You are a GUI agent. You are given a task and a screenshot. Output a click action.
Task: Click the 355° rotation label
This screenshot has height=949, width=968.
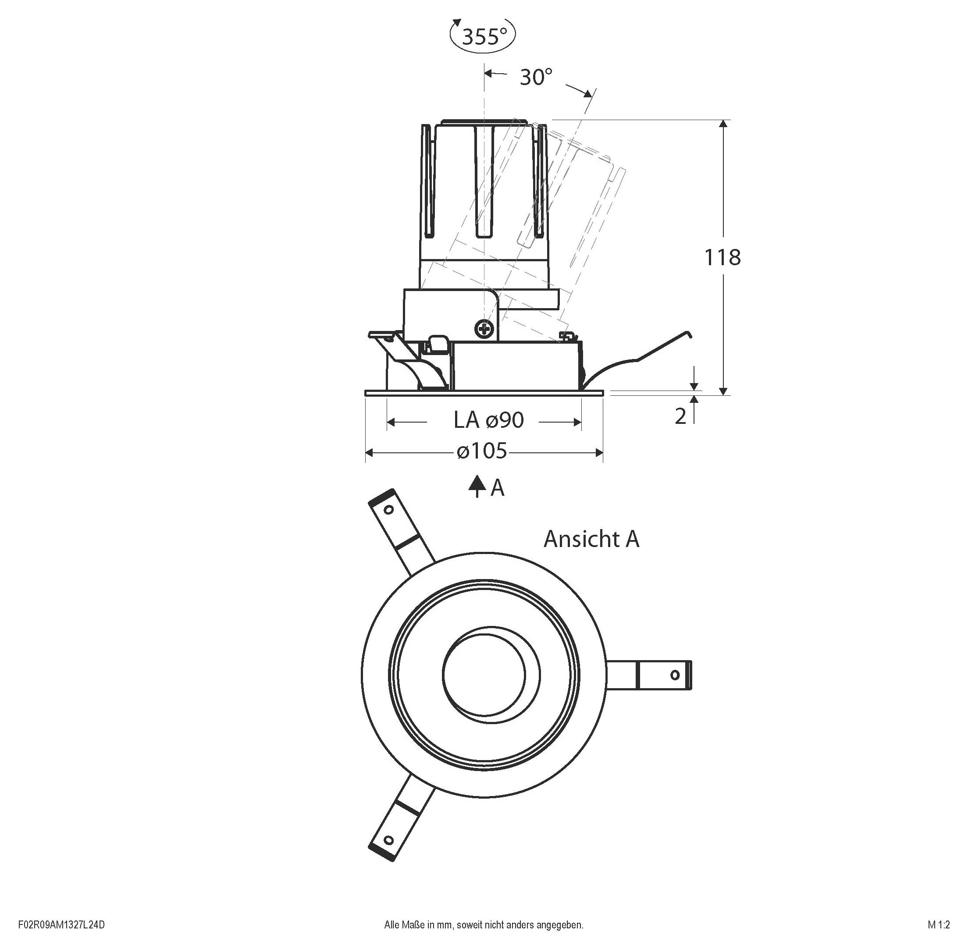click(483, 36)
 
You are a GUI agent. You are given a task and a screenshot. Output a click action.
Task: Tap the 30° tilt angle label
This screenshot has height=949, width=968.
click(536, 77)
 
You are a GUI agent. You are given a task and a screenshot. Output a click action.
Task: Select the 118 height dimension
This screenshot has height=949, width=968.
click(722, 258)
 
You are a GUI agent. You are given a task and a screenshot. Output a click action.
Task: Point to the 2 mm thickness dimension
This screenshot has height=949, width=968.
click(680, 416)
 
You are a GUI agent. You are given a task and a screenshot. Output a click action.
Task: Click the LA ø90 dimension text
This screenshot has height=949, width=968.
click(488, 421)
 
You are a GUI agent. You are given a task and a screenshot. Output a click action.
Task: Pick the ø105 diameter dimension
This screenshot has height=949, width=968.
click(482, 451)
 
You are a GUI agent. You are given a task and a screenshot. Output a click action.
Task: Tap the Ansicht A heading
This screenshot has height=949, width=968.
click(591, 539)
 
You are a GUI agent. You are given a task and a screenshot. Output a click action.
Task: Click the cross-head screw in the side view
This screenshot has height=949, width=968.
click(484, 329)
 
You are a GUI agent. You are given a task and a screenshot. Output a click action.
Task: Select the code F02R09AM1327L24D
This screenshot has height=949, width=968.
click(61, 925)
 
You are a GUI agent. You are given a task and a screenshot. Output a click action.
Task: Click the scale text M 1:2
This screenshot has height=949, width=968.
click(939, 925)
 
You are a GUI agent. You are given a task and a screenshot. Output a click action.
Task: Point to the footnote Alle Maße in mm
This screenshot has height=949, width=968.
click(484, 925)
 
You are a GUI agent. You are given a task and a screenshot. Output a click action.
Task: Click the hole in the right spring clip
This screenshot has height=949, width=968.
click(675, 675)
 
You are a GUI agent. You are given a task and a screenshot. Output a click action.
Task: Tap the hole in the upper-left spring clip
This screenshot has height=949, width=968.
click(389, 510)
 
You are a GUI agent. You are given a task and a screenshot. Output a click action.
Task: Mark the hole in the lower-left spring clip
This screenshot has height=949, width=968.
click(389, 840)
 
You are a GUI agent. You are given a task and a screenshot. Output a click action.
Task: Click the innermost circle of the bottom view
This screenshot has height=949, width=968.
click(484, 674)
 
